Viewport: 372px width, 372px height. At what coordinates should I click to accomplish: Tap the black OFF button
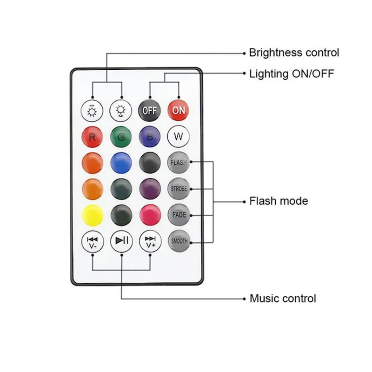149,111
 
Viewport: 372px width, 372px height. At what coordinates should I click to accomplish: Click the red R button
92,137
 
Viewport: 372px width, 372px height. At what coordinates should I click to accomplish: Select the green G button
121,137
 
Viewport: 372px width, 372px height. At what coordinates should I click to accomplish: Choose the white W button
179,137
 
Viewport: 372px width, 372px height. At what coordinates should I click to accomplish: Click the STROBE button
179,189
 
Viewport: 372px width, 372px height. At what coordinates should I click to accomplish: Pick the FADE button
179,215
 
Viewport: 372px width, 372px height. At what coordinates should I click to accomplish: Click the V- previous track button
92,241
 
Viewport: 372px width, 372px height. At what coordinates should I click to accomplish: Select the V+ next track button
150,241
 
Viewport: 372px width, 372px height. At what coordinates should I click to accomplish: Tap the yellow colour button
92,215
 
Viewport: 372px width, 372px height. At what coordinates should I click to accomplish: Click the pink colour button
150,215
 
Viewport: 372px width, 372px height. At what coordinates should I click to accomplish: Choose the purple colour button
150,189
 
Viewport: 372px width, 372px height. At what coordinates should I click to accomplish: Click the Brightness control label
294,53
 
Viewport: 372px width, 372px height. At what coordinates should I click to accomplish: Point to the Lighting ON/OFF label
292,73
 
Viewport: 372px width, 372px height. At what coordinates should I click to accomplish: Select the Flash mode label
279,201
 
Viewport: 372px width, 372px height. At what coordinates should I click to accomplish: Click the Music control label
283,299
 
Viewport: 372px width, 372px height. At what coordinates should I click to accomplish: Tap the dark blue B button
150,137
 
